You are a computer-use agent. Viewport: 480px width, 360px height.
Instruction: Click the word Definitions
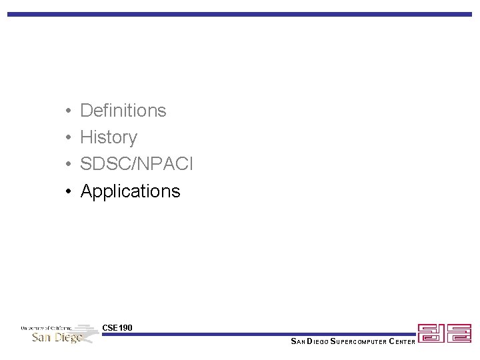123,110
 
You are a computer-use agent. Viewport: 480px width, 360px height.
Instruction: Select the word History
109,137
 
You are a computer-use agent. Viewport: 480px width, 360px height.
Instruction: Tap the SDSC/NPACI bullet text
137,164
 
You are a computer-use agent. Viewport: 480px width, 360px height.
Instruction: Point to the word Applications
131,191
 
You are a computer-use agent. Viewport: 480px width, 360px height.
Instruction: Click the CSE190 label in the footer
117,327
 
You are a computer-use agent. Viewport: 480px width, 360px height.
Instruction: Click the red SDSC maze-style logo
444,333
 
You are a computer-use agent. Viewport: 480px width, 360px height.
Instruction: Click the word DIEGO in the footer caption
316,342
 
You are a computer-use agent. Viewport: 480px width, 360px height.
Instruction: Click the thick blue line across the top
240,14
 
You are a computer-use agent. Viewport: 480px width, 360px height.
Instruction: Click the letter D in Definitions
86,110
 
